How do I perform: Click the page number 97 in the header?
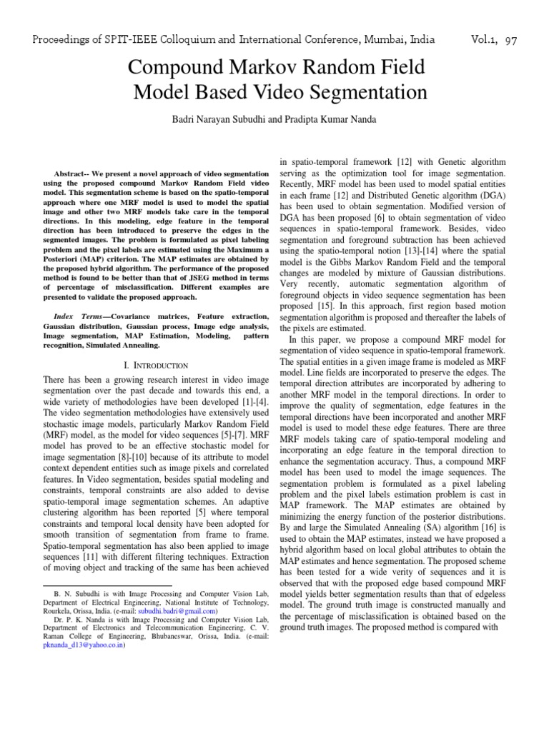click(510, 40)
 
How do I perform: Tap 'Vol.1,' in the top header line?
click(479, 40)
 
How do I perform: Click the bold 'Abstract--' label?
click(75, 174)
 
